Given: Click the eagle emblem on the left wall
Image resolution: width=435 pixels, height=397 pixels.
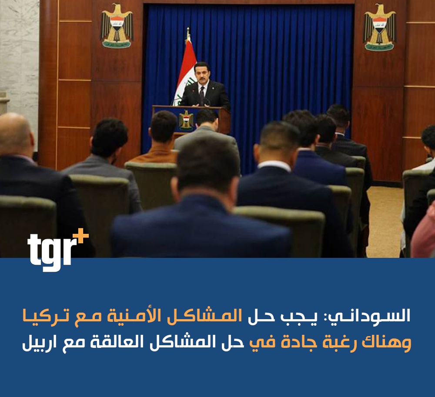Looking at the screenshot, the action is point(117,26).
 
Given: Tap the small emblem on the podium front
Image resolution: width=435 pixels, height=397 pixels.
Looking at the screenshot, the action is point(186,120).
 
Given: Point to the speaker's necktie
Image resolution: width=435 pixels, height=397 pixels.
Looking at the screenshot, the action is point(202,95).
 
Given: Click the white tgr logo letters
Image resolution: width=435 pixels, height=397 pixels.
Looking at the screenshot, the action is point(52,252).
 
